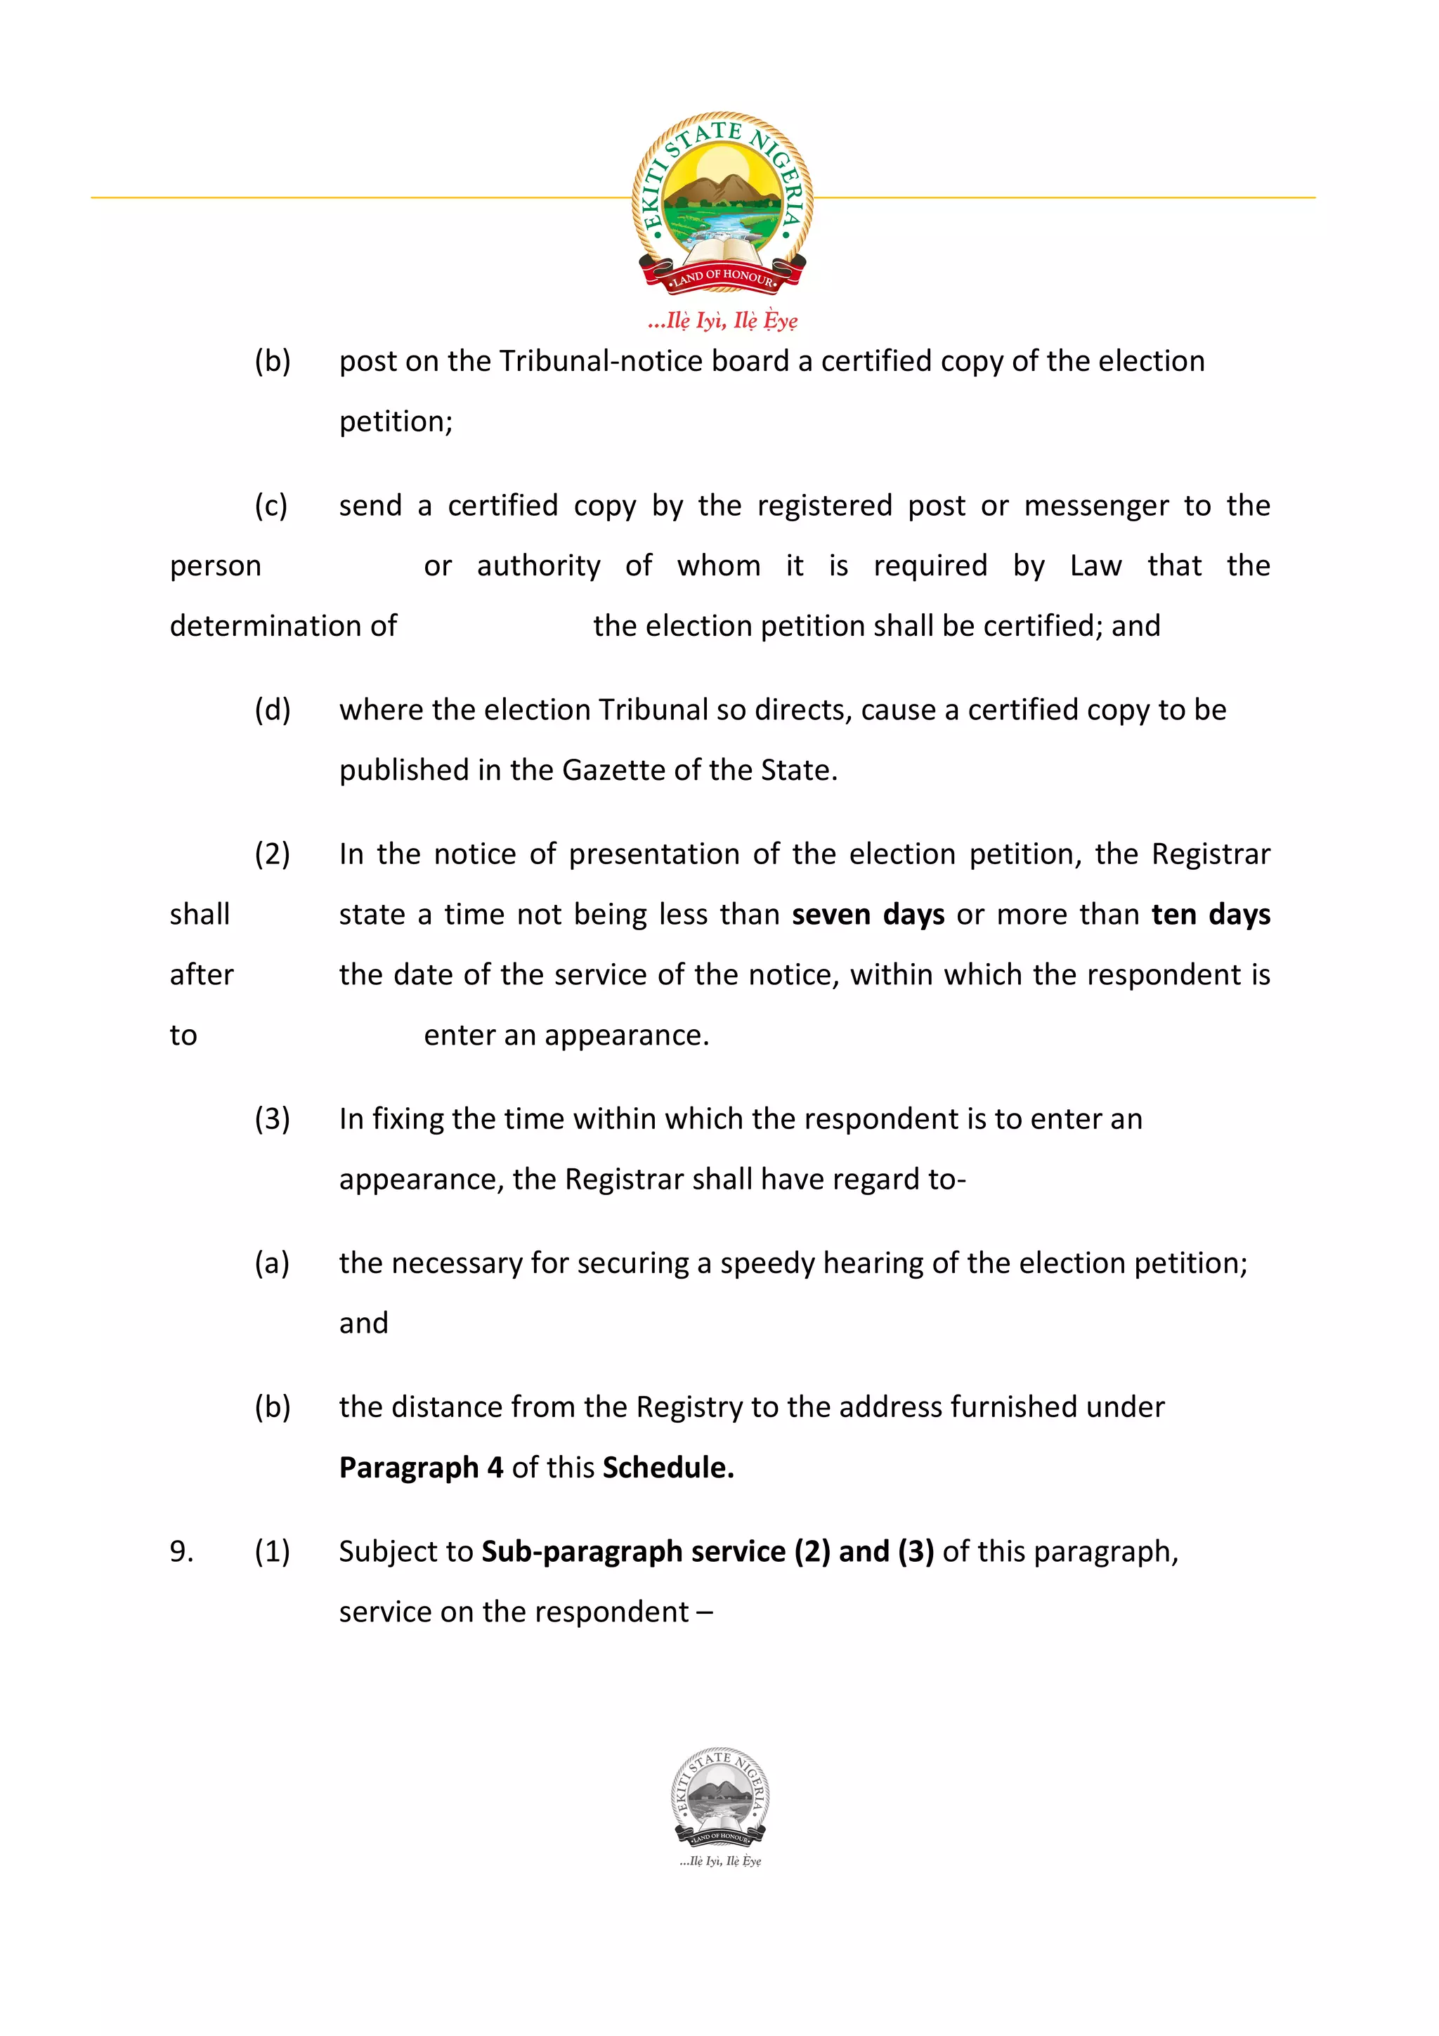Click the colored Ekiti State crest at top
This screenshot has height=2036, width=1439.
point(722,202)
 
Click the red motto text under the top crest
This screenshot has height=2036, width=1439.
point(722,320)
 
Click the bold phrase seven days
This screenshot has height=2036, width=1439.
point(867,914)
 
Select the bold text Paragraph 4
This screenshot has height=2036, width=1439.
point(421,1468)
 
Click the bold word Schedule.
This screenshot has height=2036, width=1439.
point(668,1468)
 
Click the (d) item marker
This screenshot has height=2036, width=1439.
point(272,710)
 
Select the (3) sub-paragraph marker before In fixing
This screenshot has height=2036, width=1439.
point(272,1119)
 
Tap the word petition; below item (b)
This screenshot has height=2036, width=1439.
point(396,422)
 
